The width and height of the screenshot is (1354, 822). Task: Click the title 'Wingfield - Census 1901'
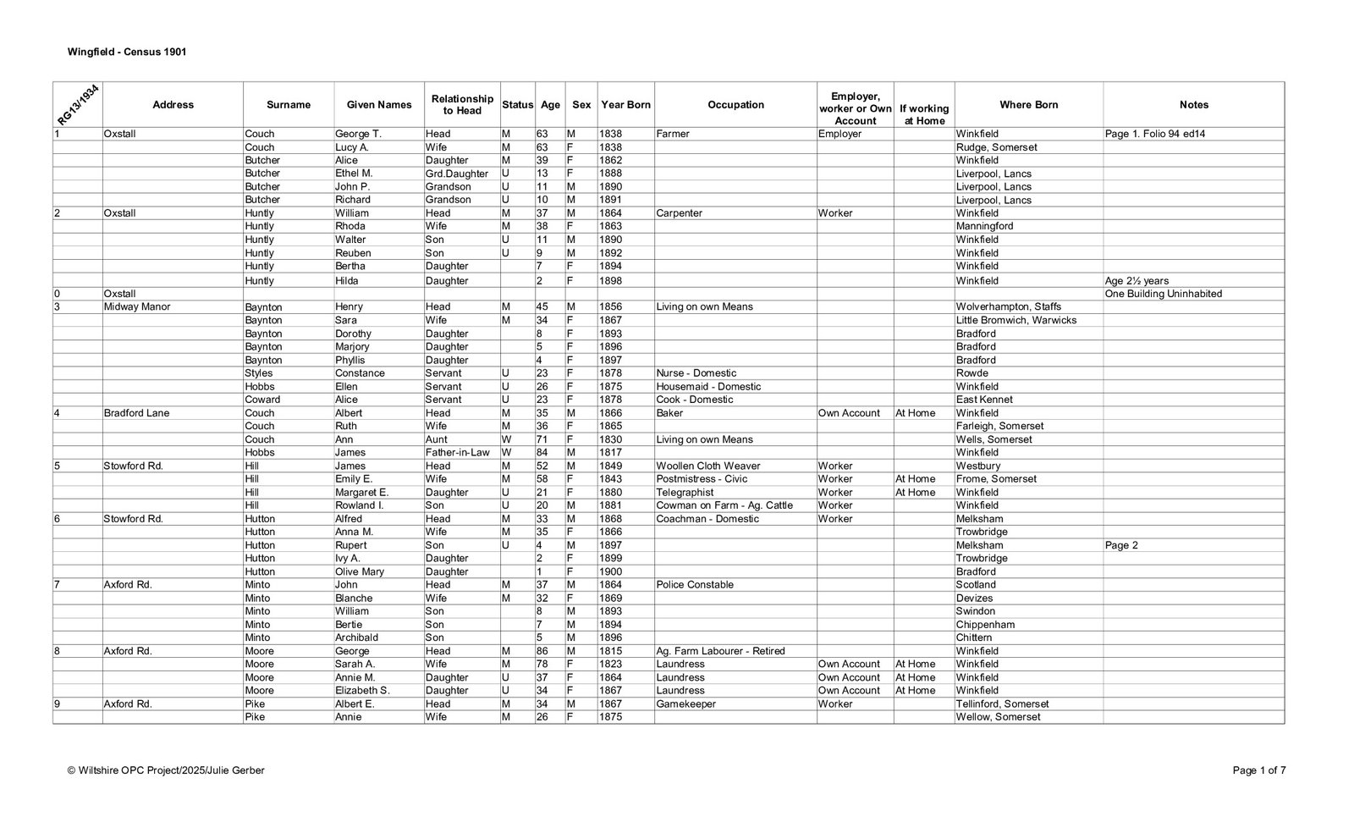(x=127, y=52)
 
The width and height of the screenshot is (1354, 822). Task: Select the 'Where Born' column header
(x=1028, y=105)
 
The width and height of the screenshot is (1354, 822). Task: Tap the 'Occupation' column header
(x=735, y=105)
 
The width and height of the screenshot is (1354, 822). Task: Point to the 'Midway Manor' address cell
(x=136, y=307)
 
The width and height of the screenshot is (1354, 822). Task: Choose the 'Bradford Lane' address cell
(x=136, y=413)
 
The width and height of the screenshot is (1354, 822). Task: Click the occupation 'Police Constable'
(x=695, y=585)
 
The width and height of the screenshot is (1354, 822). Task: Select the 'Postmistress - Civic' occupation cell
(x=702, y=479)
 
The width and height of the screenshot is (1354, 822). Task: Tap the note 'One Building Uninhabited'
(x=1163, y=294)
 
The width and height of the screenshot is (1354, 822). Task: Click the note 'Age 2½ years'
(x=1136, y=281)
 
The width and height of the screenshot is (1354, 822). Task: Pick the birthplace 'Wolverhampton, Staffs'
(x=1008, y=307)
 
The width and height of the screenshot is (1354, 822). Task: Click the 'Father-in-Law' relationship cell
(x=457, y=453)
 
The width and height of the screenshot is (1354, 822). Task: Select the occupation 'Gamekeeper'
(x=685, y=704)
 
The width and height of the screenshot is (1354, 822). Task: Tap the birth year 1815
(x=610, y=651)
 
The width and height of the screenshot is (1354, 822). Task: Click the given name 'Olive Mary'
(x=360, y=571)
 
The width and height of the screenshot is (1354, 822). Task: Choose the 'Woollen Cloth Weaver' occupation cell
(x=707, y=466)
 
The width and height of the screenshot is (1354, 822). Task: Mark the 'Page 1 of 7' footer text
(x=1258, y=770)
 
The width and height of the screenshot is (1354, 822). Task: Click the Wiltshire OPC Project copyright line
(x=166, y=770)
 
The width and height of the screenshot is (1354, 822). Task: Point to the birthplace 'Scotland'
(x=976, y=585)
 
